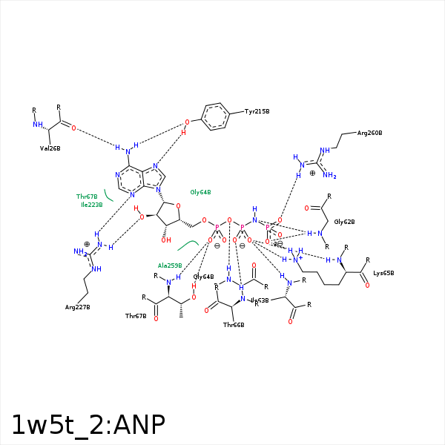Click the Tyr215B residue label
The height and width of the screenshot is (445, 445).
click(257, 111)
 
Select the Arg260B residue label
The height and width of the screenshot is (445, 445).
click(369, 133)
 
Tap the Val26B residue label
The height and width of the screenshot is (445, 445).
click(50, 148)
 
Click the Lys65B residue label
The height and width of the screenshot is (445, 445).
click(383, 273)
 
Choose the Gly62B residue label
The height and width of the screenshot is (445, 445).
click(344, 222)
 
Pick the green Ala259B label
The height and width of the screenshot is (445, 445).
click(170, 265)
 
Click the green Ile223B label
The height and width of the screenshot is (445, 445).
click(92, 205)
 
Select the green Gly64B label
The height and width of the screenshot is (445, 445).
click(200, 192)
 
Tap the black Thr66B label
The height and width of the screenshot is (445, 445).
click(234, 325)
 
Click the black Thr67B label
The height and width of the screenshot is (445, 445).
click(136, 316)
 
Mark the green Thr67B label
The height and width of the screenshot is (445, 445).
click(87, 197)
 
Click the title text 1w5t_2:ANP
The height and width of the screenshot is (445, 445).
click(88, 424)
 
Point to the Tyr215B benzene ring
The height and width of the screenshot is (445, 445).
click(215, 116)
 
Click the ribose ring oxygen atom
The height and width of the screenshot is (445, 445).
click(178, 206)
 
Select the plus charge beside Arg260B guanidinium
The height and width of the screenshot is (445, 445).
click(312, 173)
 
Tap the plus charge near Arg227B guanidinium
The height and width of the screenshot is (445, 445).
click(87, 244)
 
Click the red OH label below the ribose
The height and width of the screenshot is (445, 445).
click(166, 240)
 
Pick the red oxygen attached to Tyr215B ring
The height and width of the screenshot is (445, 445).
click(188, 122)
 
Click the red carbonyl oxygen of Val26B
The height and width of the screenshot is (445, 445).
click(73, 128)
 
